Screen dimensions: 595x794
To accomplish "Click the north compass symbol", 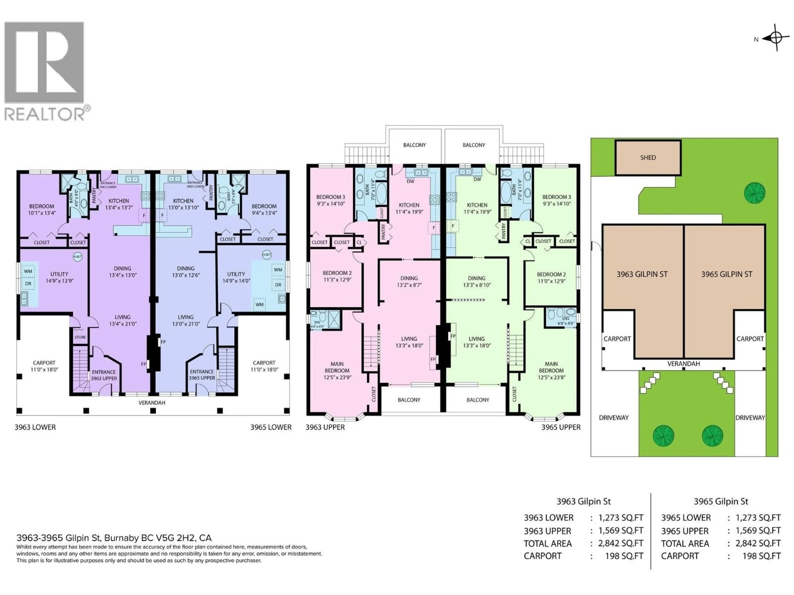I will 775,37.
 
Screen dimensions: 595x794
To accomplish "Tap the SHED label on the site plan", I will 648,157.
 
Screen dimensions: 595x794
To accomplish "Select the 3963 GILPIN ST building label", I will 642,274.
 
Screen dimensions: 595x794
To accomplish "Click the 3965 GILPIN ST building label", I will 727,274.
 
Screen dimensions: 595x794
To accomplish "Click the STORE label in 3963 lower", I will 80,337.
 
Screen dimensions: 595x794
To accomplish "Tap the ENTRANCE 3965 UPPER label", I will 202,375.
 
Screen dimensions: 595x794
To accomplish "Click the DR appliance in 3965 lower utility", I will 278,285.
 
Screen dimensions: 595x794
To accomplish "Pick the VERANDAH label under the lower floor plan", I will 152,403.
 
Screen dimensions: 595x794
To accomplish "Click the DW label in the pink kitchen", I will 410,181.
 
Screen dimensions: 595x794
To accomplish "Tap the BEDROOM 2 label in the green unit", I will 551,274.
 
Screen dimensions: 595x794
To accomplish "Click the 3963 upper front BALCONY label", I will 409,400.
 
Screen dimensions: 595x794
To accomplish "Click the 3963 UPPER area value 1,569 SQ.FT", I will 621,531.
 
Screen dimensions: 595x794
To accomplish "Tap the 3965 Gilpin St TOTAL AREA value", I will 758,543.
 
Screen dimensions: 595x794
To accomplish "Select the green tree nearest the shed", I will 755,193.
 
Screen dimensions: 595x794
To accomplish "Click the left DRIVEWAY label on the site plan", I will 613,418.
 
